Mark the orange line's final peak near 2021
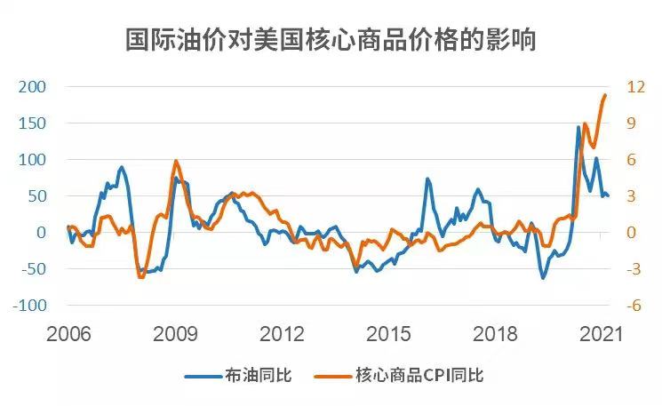point(605,95)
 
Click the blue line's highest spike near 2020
point(578,127)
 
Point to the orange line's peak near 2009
point(175,161)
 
